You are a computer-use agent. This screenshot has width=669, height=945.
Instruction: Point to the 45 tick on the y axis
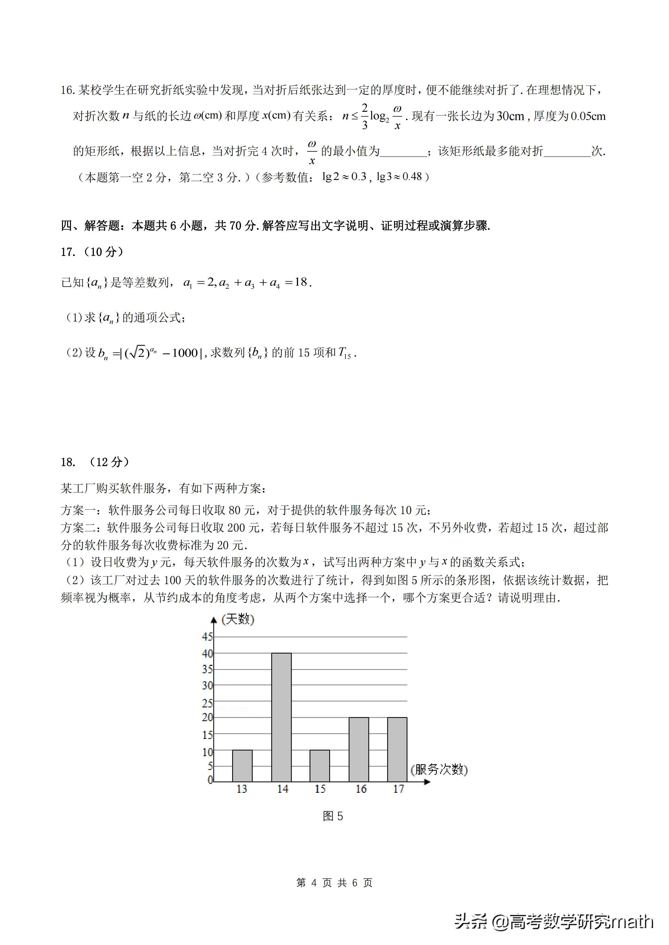tap(207, 637)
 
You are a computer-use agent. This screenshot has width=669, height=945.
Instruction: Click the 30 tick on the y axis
tap(207, 685)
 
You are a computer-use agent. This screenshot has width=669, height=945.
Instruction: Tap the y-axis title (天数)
tap(238, 619)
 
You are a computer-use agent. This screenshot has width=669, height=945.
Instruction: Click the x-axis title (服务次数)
tap(439, 769)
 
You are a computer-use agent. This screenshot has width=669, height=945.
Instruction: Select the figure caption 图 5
tap(333, 816)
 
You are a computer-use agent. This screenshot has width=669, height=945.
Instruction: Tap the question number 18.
tap(68, 462)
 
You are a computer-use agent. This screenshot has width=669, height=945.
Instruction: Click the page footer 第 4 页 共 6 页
tap(334, 883)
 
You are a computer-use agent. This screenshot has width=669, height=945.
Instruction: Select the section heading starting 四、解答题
tap(275, 225)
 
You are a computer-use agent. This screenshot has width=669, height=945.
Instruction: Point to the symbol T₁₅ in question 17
tap(344, 353)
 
